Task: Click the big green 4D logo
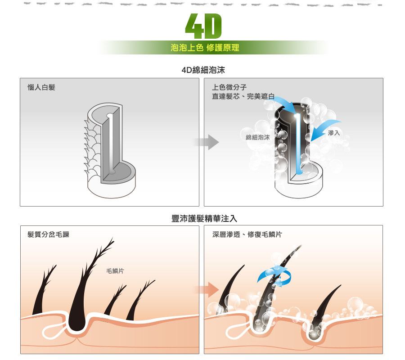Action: pyautogui.click(x=204, y=26)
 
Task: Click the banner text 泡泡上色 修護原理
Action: pyautogui.click(x=205, y=48)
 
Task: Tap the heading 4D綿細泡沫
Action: pyautogui.click(x=202, y=70)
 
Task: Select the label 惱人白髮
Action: pyautogui.click(x=41, y=87)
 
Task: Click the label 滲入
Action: pyautogui.click(x=334, y=133)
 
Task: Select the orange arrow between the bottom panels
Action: pyautogui.click(x=207, y=288)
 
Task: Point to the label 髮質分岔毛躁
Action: pyautogui.click(x=48, y=234)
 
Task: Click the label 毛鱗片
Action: pyautogui.click(x=115, y=271)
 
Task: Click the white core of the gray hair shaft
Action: pyautogui.click(x=109, y=144)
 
